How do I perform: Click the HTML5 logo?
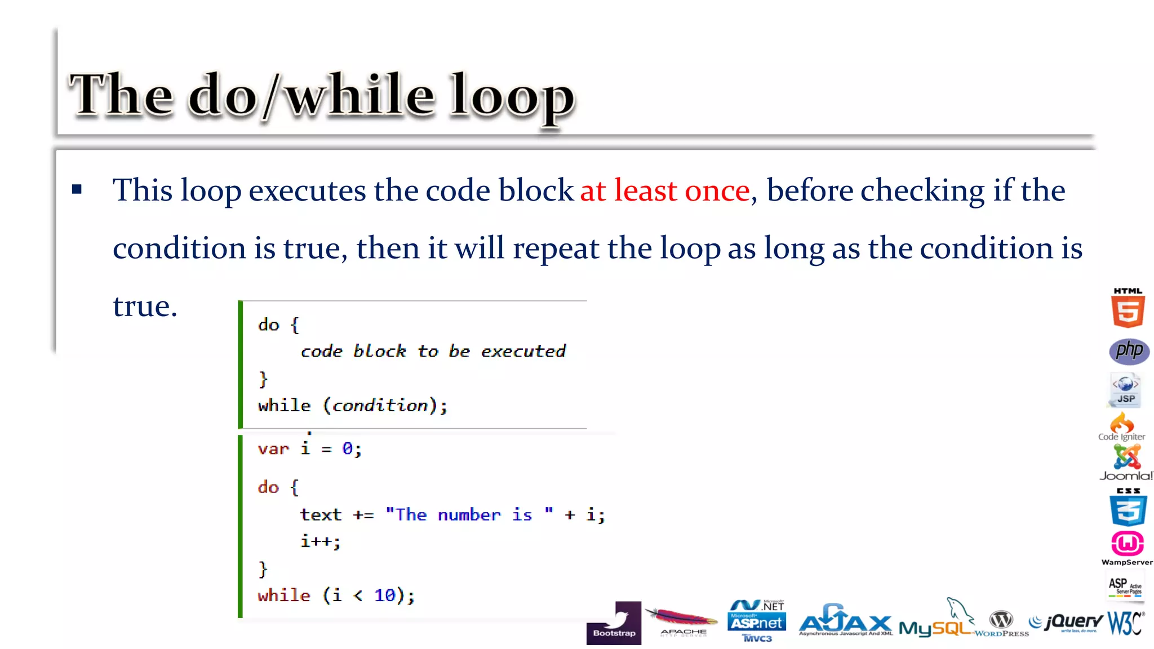[x=1128, y=308]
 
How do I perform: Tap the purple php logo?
[x=1129, y=351]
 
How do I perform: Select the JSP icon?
[x=1126, y=389]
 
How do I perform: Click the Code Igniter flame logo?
[x=1122, y=427]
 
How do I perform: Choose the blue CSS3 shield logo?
[x=1128, y=508]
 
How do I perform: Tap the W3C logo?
[x=1125, y=623]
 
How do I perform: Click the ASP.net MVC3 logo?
[x=756, y=621]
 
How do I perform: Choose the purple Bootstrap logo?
[x=614, y=623]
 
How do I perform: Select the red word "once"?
[x=717, y=190]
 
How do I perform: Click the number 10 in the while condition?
[x=385, y=595]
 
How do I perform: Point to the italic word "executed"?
[x=523, y=351]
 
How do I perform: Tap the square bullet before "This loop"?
[x=77, y=190]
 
